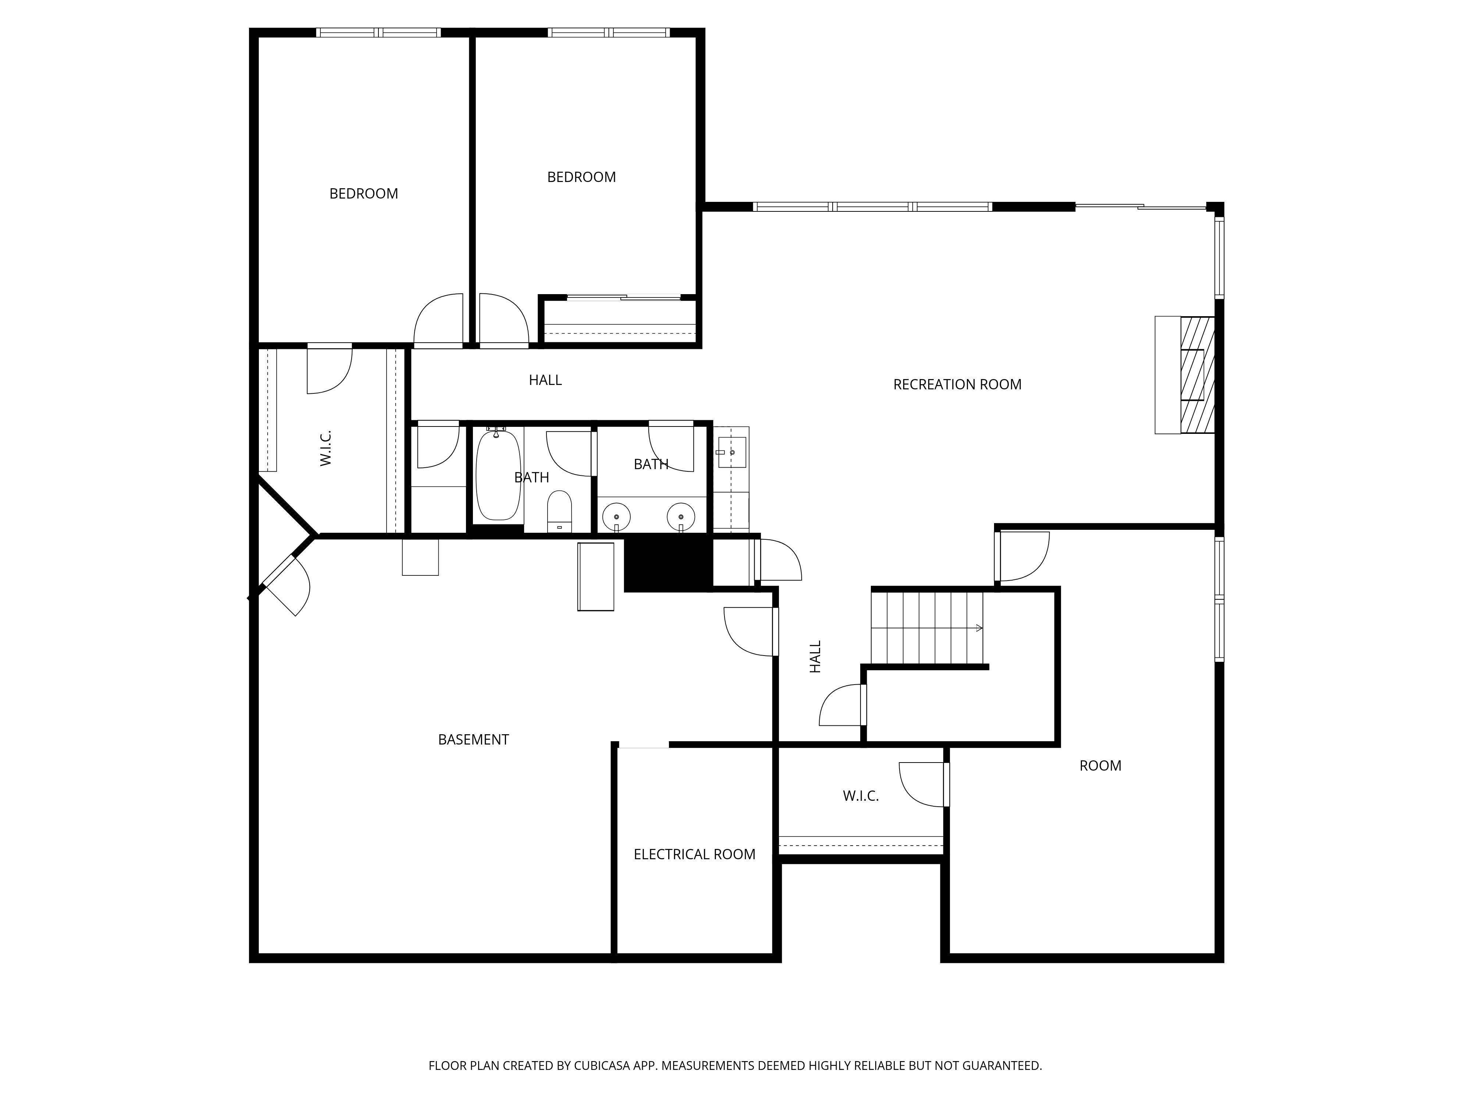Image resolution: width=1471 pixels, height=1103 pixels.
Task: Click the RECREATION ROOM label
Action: tap(957, 384)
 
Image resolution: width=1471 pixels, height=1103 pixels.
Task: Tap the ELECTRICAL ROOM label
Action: tap(694, 854)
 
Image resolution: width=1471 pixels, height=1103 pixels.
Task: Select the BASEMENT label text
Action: tap(474, 739)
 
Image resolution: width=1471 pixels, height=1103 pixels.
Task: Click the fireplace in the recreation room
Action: tap(1185, 375)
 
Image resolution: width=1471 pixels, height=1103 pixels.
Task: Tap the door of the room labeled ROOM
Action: tap(1022, 557)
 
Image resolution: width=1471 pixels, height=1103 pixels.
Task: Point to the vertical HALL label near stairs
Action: tap(815, 657)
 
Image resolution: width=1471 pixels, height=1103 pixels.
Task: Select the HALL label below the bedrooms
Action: tap(545, 380)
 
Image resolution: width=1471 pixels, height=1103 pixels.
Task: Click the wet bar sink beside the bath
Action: tap(731, 452)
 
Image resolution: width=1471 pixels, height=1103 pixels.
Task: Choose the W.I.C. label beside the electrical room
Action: tap(861, 796)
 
